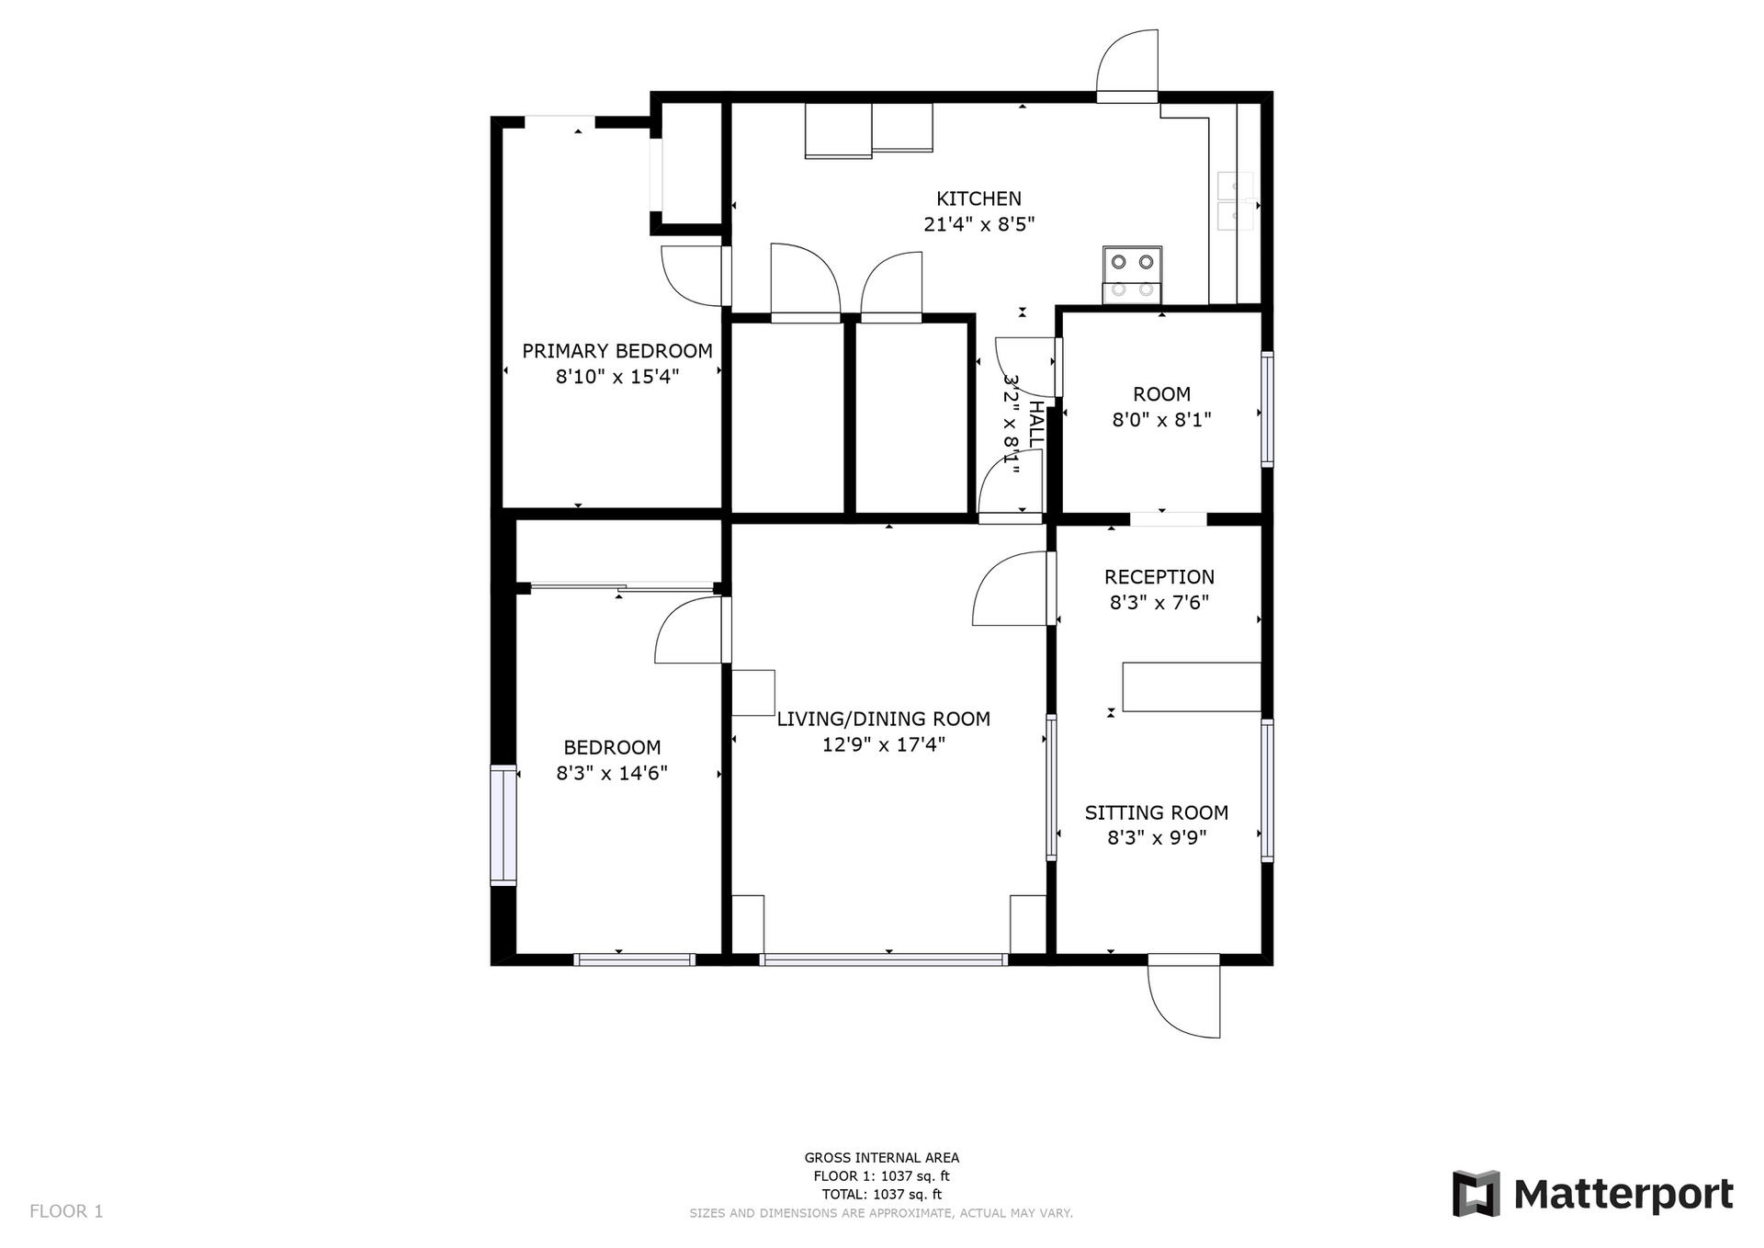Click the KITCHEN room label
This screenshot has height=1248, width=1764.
click(978, 199)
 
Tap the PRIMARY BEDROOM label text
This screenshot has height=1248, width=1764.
click(617, 351)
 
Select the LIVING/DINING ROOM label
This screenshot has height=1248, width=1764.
click(884, 719)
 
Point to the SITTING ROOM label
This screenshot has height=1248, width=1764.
click(1157, 812)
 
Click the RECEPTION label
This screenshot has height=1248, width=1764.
click(1159, 577)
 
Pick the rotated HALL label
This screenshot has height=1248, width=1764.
click(1035, 424)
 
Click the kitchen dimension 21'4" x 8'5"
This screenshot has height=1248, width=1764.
click(979, 224)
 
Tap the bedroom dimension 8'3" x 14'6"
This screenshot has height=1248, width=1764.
click(612, 773)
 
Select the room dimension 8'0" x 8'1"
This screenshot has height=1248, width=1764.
click(1162, 420)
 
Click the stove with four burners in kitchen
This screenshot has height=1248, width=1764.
click(1132, 275)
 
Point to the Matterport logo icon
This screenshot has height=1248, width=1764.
click(1476, 1194)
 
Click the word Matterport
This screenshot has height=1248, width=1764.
click(1623, 1195)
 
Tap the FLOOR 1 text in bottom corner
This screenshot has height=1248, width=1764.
click(66, 1211)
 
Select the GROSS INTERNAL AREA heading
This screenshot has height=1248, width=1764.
click(882, 1158)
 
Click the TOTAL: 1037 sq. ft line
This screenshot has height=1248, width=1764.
click(882, 1195)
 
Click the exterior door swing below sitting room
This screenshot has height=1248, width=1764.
click(1184, 996)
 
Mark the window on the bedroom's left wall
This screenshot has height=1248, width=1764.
click(503, 825)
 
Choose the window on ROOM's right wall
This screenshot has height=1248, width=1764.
click(1267, 409)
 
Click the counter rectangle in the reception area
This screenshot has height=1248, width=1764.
click(1192, 686)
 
